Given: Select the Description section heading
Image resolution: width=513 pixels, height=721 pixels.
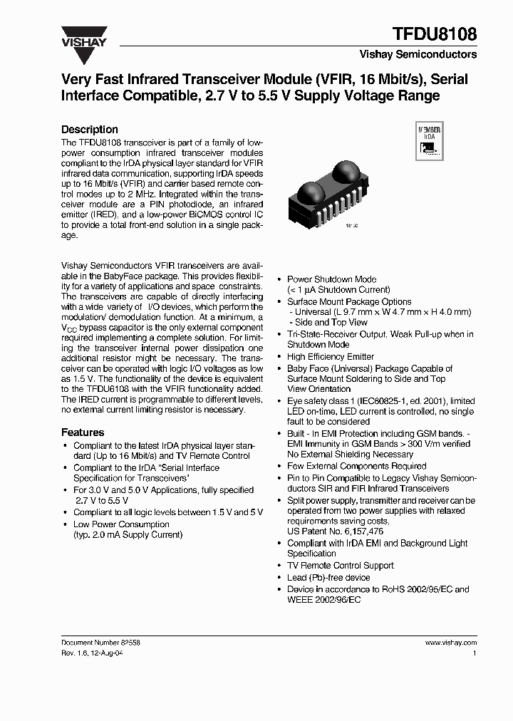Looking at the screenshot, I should click(x=90, y=129).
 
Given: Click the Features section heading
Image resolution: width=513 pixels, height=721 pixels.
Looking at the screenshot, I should click(x=83, y=432).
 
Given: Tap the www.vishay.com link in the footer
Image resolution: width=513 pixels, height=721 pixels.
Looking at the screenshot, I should click(x=450, y=642).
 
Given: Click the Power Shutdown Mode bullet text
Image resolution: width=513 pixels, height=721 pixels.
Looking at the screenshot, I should click(x=331, y=279).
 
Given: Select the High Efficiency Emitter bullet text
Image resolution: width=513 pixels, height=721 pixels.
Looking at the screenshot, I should click(x=330, y=356).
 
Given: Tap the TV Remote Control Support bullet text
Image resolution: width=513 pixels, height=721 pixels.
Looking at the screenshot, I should click(x=340, y=565).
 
